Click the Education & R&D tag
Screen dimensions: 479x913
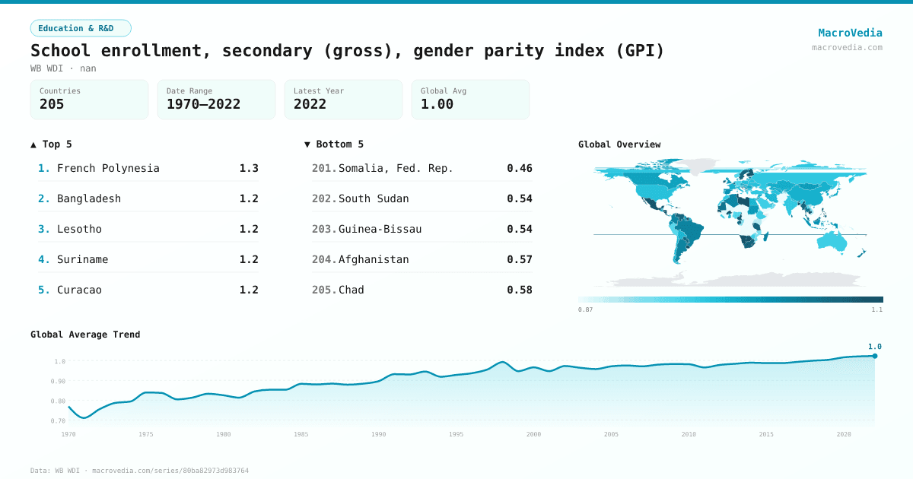pyautogui.click(x=81, y=28)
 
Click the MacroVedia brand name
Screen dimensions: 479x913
pyautogui.click(x=850, y=33)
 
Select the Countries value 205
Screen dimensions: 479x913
pyautogui.click(x=52, y=104)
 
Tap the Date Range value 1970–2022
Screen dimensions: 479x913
pyautogui.click(x=203, y=104)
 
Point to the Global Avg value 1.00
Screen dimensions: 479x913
pyautogui.click(x=437, y=104)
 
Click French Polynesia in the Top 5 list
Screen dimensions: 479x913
pyautogui.click(x=108, y=168)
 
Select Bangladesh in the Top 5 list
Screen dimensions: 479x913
pyautogui.click(x=89, y=198)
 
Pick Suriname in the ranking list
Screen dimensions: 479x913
pyautogui.click(x=82, y=259)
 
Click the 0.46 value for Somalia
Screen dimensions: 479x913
pyautogui.click(x=519, y=168)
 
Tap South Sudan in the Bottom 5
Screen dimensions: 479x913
pyautogui.click(x=374, y=198)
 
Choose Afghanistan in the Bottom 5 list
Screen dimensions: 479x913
pyautogui.click(x=374, y=259)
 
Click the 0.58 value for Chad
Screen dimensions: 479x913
pyautogui.click(x=519, y=290)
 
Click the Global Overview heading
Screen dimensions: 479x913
pyautogui.click(x=619, y=144)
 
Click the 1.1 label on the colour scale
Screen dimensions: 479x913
pyautogui.click(x=876, y=309)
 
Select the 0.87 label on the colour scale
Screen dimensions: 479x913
pyautogui.click(x=585, y=309)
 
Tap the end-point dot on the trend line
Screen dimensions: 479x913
pyautogui.click(x=875, y=356)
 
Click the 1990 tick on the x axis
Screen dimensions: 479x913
pyautogui.click(x=379, y=434)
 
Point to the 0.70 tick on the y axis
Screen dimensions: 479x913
pyautogui.click(x=58, y=420)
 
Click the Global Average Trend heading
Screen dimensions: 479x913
pyautogui.click(x=85, y=335)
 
